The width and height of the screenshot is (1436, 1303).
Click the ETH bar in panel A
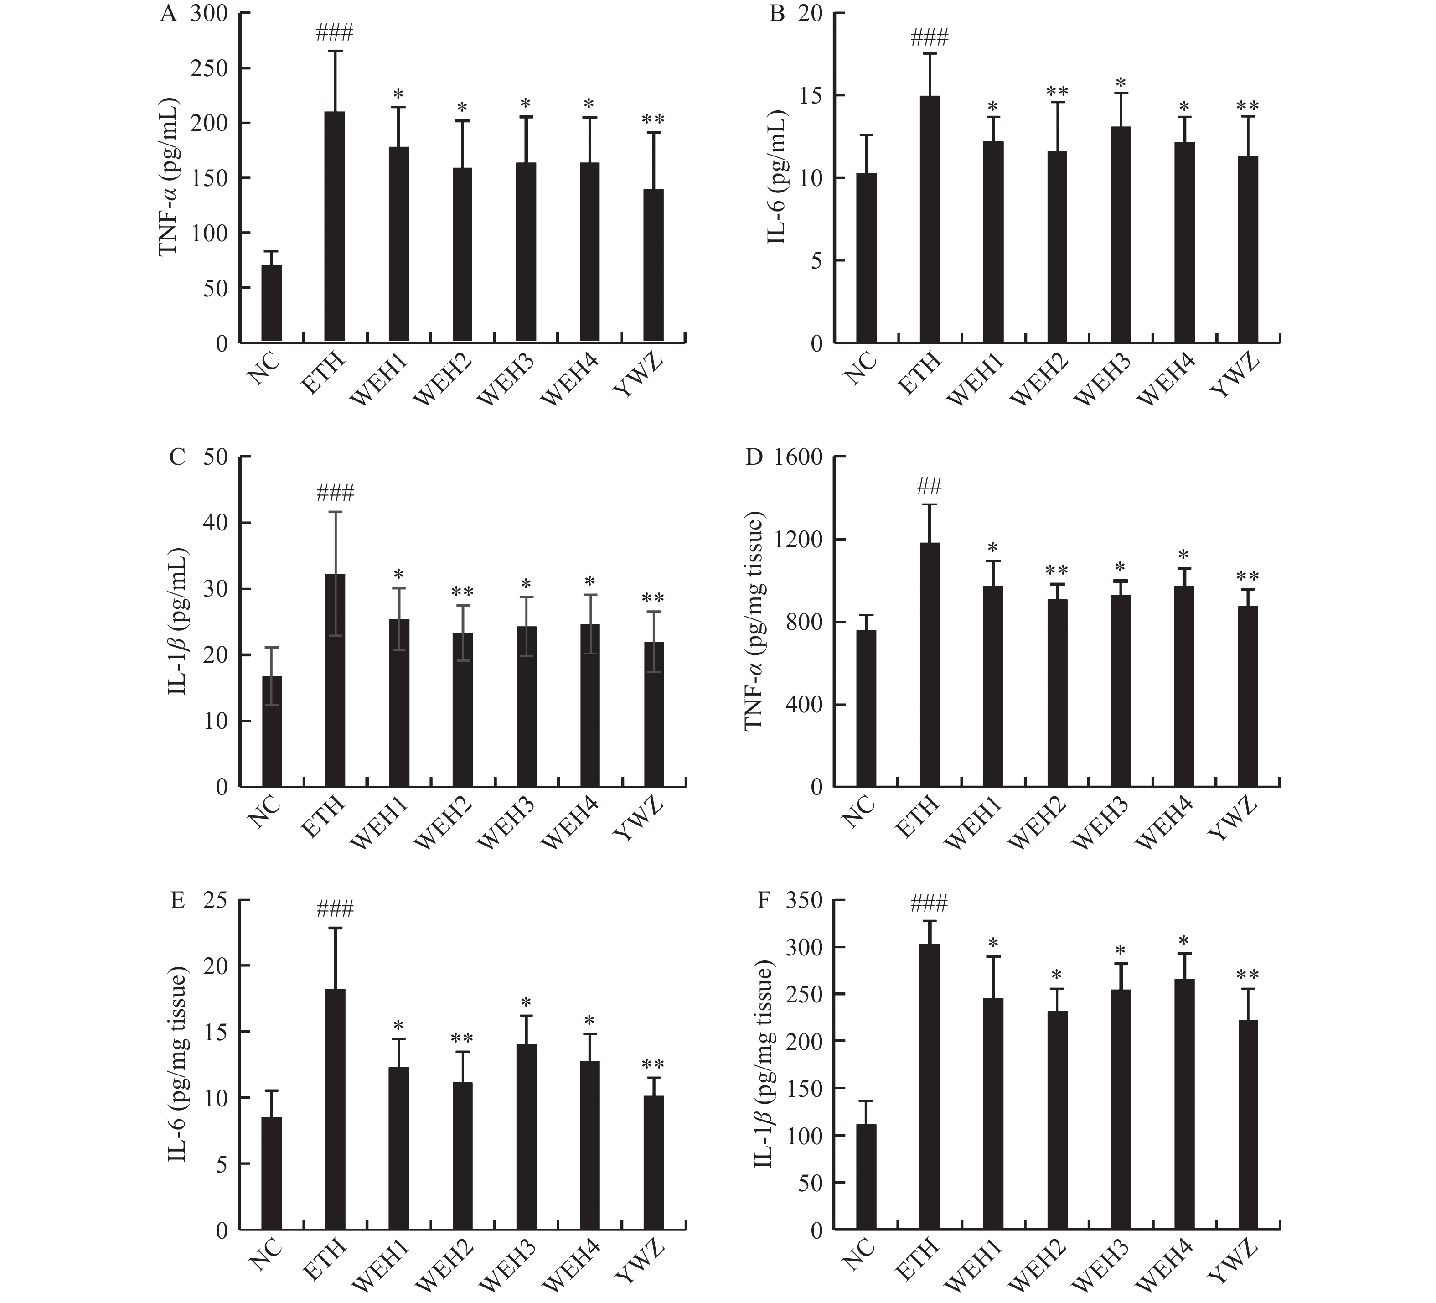(x=335, y=228)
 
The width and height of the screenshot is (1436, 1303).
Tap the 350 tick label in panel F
(x=803, y=901)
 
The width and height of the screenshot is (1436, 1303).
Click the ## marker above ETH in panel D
(x=930, y=487)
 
